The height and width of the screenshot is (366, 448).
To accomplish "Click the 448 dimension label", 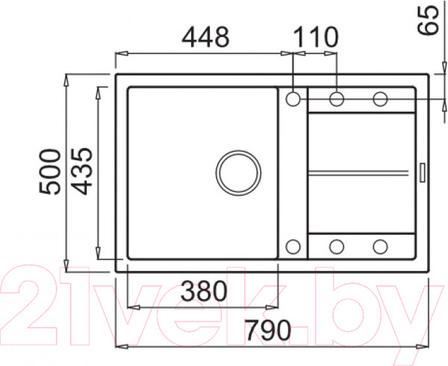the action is tap(205, 37).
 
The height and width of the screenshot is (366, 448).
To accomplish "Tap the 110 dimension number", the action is tap(316, 37).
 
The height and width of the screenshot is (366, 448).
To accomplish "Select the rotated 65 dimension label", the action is tap(428, 20).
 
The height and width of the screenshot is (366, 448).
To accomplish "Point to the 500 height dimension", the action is tap(50, 172).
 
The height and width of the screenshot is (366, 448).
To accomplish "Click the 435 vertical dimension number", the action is tap(81, 171).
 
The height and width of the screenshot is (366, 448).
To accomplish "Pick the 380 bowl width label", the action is tap(204, 291).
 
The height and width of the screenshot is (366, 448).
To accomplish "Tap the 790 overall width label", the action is tap(268, 331).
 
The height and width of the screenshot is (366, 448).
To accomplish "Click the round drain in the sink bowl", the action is tap(238, 151).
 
